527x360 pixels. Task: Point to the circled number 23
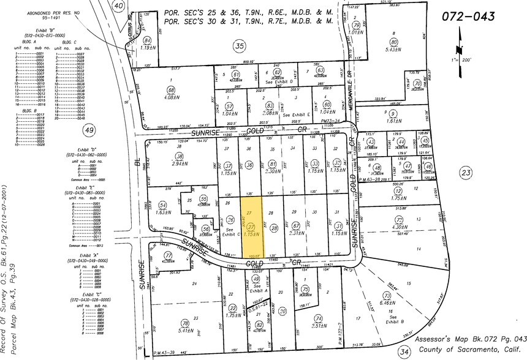click(x=467, y=173)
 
